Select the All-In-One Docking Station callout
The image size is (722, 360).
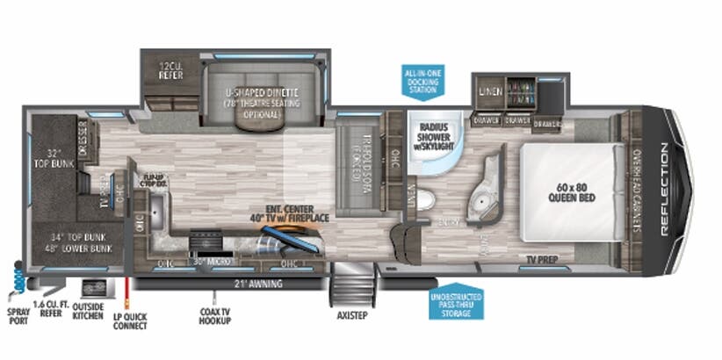(423, 81)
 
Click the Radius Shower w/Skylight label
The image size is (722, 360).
(435, 131)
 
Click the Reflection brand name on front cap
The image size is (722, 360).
(664, 188)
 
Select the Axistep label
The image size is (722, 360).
(351, 313)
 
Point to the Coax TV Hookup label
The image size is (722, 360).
(215, 314)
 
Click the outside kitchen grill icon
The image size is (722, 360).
(91, 287)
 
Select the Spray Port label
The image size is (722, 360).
(17, 314)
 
